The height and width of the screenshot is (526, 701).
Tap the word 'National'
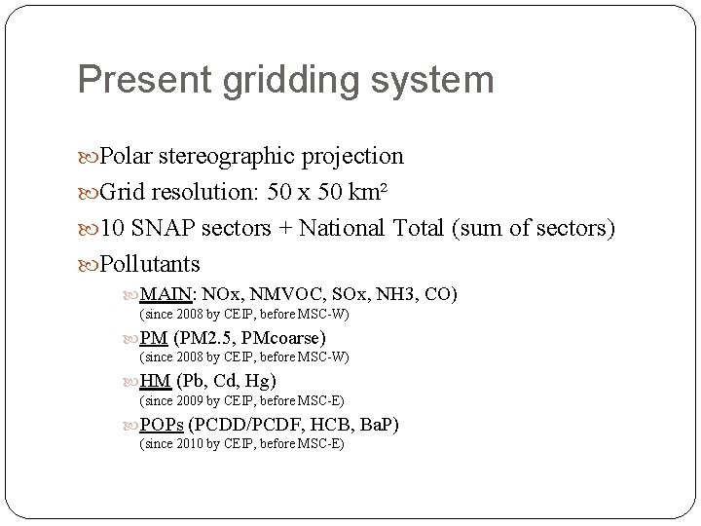(x=340, y=228)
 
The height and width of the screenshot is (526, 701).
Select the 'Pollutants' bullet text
(x=150, y=264)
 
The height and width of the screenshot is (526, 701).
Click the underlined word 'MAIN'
(x=167, y=294)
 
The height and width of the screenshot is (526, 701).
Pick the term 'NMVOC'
(x=281, y=294)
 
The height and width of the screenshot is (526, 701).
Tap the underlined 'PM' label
(x=155, y=338)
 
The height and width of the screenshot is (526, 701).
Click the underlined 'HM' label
(x=156, y=381)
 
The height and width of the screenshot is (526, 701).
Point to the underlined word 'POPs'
(x=162, y=425)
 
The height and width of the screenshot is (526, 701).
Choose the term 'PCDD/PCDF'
(x=242, y=425)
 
